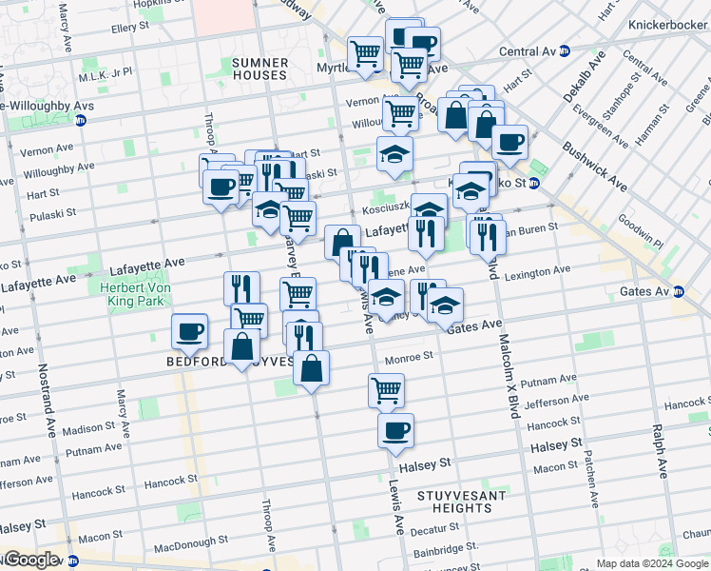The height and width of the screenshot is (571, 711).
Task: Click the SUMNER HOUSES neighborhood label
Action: [x=259, y=69]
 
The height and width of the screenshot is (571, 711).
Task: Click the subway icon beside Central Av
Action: [x=565, y=51]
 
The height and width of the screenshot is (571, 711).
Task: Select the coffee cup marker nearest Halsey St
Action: [x=395, y=429]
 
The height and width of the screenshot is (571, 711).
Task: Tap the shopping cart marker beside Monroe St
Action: [x=386, y=388]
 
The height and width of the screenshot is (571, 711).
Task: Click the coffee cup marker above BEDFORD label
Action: [x=189, y=330]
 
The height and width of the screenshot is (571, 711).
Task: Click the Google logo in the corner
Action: [x=31, y=560]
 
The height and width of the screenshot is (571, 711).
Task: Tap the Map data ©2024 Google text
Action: [x=651, y=563]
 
